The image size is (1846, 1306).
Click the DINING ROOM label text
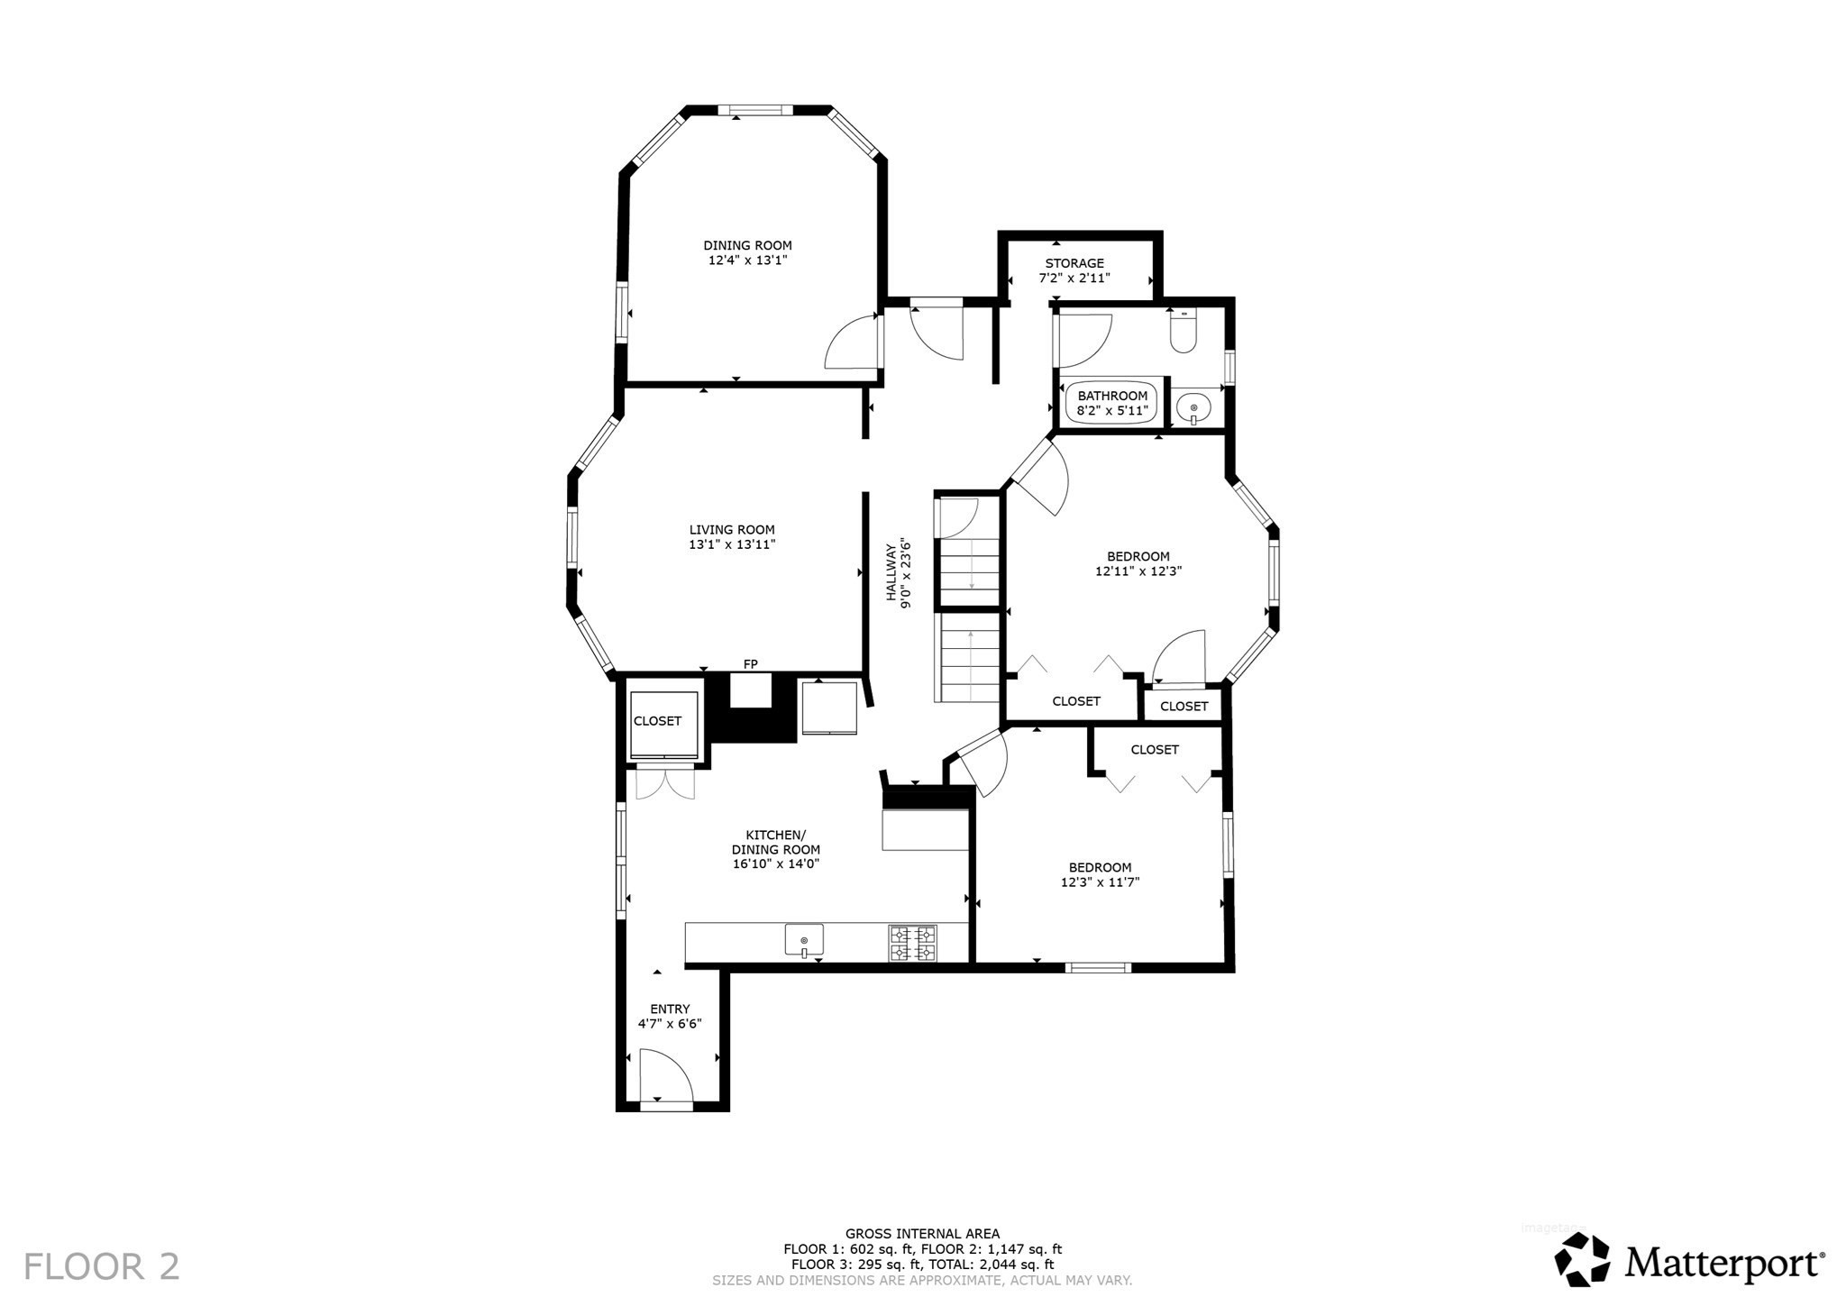point(747,245)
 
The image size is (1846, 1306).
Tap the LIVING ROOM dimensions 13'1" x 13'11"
point(732,544)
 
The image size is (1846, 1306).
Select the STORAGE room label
point(1074,263)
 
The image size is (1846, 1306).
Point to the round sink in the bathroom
point(1193,408)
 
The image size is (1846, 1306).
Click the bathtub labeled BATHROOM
point(1112,403)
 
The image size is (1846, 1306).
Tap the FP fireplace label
point(750,664)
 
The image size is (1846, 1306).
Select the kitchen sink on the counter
point(804,940)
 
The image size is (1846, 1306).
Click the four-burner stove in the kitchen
point(912,943)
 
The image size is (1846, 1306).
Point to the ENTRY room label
point(670,1009)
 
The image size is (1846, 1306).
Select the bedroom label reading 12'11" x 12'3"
point(1138,571)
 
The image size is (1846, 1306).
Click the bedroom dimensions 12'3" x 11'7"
point(1100,882)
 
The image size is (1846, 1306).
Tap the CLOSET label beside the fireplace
point(657,721)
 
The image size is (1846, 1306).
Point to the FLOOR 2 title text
point(101,1265)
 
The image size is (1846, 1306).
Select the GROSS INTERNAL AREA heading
point(922,1234)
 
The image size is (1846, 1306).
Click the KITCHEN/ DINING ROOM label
point(775,842)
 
